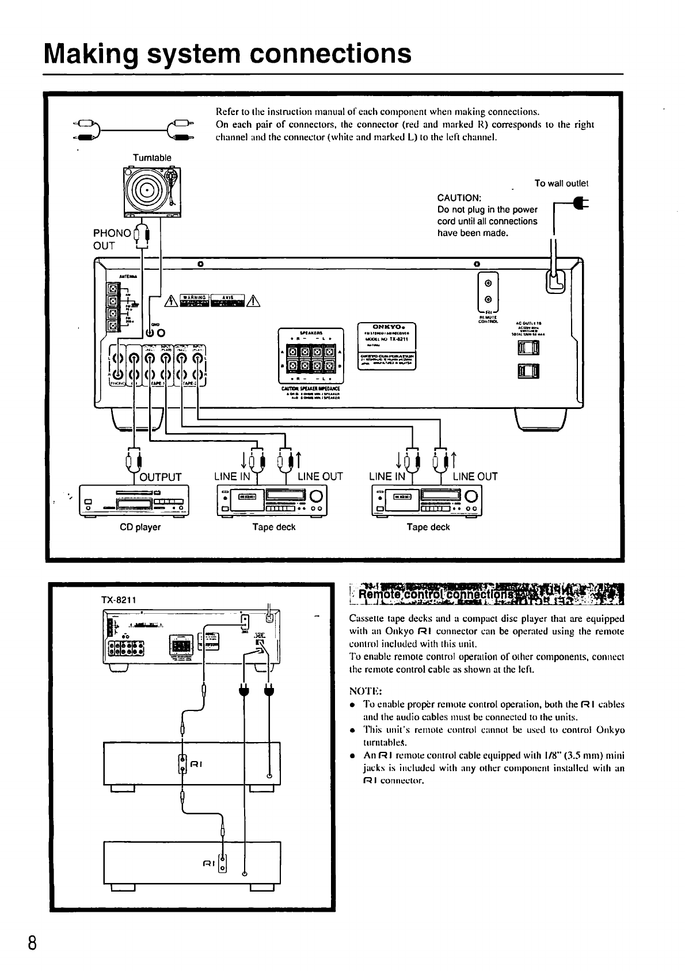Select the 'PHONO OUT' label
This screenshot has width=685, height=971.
[112, 239]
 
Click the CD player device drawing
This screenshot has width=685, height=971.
[136, 499]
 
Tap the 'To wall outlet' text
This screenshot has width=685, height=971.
[561, 184]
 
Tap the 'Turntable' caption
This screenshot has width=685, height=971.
[152, 158]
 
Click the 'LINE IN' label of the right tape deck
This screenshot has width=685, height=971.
[387, 476]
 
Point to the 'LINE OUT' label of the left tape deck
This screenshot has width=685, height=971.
[320, 476]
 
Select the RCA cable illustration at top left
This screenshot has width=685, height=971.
[134, 130]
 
